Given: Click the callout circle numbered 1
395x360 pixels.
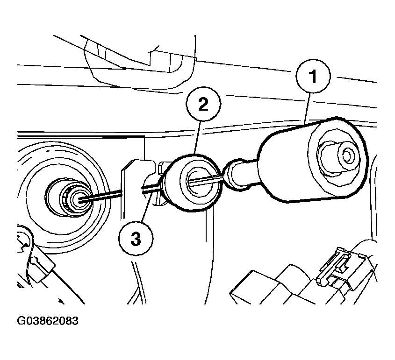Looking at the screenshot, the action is pos(313,76).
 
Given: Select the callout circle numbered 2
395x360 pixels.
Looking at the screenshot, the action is pos(203,104).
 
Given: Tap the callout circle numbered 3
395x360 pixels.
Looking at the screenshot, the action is pos(136,238).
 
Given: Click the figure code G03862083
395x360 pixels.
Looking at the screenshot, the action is pos(48,321).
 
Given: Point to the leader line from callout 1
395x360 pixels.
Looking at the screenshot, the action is pos(307,108).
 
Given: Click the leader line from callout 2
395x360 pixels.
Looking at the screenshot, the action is pos(197,137).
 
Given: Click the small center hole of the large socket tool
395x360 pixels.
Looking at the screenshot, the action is pos(347,156).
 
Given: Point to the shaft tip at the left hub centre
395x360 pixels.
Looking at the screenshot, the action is pos(79,200).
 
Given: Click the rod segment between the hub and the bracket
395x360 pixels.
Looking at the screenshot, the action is pos(101,197).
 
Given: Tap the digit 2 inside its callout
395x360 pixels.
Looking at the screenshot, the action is pos(203,104).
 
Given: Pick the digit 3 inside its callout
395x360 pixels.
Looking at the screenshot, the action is pos(136,239).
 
